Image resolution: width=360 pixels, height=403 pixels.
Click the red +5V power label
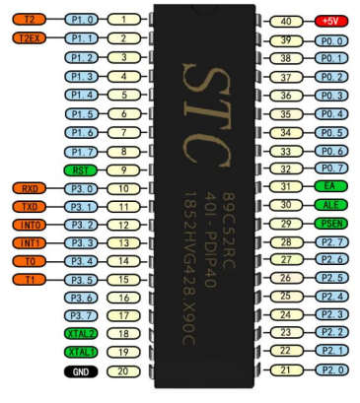pyautogui.click(x=331, y=21)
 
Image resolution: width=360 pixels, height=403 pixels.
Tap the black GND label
pyautogui.click(x=81, y=371)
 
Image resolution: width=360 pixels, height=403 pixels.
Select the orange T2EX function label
pyautogui.click(x=30, y=38)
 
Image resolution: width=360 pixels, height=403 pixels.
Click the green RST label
pyautogui.click(x=81, y=170)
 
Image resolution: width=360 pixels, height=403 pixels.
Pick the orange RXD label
pyautogui.click(x=30, y=188)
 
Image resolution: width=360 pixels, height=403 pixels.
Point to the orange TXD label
pyautogui.click(x=30, y=207)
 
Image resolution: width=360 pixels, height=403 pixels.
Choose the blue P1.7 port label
pyautogui.click(x=81, y=152)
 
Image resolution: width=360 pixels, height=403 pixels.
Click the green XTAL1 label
pyautogui.click(x=81, y=352)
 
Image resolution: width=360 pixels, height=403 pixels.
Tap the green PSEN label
pyautogui.click(x=331, y=224)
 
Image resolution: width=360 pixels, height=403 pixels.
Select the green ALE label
pyautogui.click(x=331, y=205)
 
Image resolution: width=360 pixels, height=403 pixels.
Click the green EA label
pyautogui.click(x=331, y=186)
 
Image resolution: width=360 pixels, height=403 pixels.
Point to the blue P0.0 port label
pyautogui.click(x=331, y=41)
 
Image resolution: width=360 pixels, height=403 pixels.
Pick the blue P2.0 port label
pyautogui.click(x=331, y=370)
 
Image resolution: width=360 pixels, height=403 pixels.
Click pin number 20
pyautogui.click(x=123, y=371)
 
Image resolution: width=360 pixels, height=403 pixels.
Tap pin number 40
pyautogui.click(x=286, y=22)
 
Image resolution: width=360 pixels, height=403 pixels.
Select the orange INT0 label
pyautogui.click(x=30, y=225)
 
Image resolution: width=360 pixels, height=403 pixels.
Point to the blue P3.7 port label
pyautogui.click(x=81, y=315)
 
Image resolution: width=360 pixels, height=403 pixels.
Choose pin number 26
pyautogui.click(x=286, y=278)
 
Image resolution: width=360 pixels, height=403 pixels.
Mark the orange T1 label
pyautogui.click(x=30, y=280)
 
